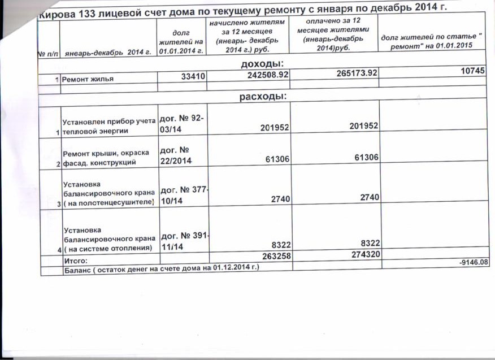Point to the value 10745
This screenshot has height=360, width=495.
(x=474, y=71)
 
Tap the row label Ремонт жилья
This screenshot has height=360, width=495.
(x=88, y=80)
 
